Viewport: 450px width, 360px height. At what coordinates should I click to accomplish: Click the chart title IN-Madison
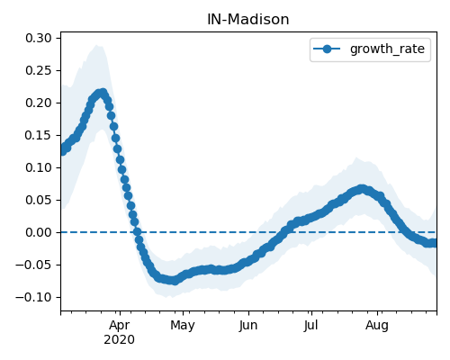tap(248, 20)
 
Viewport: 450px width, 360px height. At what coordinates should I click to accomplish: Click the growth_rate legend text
tap(387, 49)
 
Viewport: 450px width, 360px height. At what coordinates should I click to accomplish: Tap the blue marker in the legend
tap(327, 49)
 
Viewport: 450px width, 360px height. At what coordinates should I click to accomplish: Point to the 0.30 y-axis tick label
tap(39, 38)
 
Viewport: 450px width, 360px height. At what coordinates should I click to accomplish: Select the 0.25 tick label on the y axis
tap(39, 70)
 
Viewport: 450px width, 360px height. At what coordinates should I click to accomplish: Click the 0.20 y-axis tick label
tap(39, 103)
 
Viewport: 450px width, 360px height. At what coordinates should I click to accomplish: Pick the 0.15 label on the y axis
tap(39, 135)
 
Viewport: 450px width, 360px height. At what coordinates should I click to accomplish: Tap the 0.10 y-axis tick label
tap(39, 167)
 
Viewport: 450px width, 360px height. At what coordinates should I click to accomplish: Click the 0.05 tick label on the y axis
tap(39, 200)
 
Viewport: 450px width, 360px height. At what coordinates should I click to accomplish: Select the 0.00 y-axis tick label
tap(39, 232)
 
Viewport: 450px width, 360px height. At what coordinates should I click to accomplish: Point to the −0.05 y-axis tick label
tap(33, 265)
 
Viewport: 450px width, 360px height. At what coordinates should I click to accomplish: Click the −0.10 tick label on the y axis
tap(33, 297)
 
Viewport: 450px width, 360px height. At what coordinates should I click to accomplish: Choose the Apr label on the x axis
tap(120, 326)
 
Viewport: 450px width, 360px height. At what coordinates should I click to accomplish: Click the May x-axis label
tap(183, 326)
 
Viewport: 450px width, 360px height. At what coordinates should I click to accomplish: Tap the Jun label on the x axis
tap(248, 326)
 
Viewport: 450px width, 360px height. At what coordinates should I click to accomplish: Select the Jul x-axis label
tap(310, 326)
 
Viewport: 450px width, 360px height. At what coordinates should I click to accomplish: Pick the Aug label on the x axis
tap(377, 326)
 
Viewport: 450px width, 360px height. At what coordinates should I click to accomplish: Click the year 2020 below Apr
tap(120, 340)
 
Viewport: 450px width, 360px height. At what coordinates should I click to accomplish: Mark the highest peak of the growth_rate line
tap(103, 93)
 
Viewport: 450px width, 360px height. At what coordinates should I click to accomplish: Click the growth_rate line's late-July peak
tap(362, 189)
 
